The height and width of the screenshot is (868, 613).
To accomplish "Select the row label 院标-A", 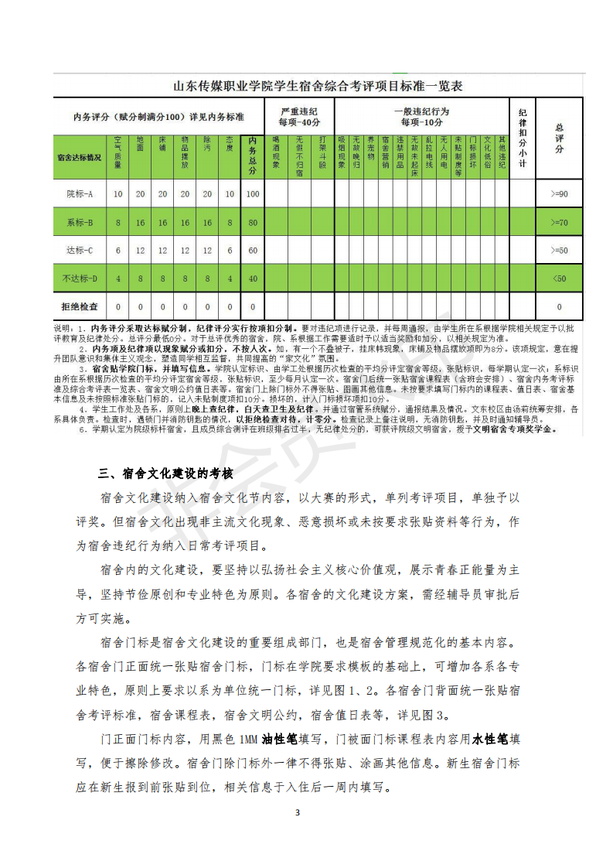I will coord(80,193).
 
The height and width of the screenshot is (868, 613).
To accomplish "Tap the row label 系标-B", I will coord(80,222).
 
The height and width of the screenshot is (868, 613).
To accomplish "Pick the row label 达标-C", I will coord(80,250).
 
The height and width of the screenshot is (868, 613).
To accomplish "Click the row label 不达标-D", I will coord(80,278).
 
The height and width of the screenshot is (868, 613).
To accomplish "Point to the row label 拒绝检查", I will coord(80,306).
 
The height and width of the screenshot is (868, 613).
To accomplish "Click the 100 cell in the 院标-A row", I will coord(253,193).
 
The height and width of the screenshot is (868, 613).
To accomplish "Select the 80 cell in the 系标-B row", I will coord(253,222).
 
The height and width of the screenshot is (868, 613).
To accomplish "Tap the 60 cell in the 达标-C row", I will coord(253,250).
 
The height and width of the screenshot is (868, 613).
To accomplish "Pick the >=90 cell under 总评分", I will coord(559,193).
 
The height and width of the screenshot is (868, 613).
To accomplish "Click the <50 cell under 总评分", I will coord(559,278).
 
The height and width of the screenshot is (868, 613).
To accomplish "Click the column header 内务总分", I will coord(253,158).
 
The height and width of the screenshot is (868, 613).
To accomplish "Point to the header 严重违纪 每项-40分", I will coord(299,117).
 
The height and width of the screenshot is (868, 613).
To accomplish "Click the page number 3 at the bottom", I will coord(298,812).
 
